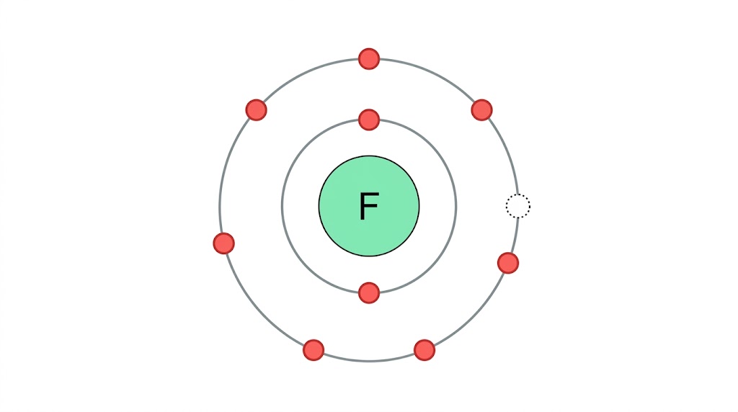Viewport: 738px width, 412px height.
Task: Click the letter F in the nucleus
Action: point(368,207)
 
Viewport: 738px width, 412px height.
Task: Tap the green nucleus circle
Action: point(389,230)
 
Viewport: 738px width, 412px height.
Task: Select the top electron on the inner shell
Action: point(369,120)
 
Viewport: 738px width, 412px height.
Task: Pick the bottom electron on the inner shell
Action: point(369,293)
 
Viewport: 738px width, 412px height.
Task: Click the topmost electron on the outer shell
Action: point(369,59)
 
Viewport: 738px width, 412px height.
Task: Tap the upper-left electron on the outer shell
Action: point(256,110)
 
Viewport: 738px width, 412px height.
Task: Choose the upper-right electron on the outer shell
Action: point(481,110)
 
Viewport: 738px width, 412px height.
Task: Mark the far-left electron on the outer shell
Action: point(224,243)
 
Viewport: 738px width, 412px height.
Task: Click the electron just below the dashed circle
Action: point(508,263)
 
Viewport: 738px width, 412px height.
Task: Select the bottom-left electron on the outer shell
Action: point(314,350)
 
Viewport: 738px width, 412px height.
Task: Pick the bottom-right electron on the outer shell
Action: point(424,350)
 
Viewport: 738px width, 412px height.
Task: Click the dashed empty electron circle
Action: point(517,206)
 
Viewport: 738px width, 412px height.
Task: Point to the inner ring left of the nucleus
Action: point(282,207)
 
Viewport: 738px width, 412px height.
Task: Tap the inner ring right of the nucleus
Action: point(456,207)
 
